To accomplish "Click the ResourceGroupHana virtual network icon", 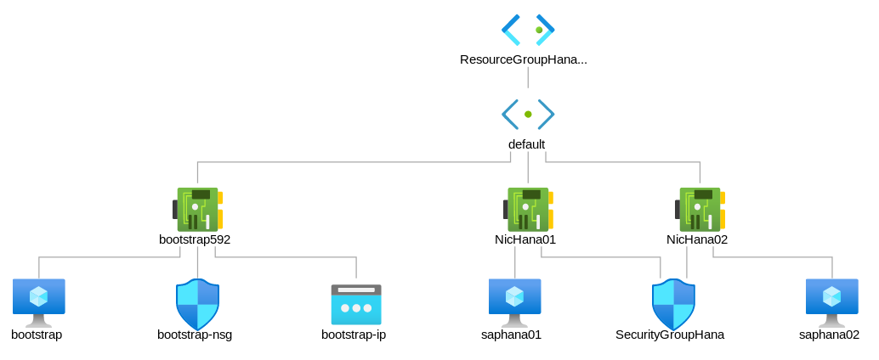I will [x=528, y=30].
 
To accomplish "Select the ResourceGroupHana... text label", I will [x=524, y=59].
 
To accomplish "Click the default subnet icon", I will [x=528, y=114].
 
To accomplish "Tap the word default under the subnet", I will [x=526, y=144].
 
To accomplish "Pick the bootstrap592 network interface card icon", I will [x=197, y=209].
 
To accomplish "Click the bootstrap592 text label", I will [x=195, y=239].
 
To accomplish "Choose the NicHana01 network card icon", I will [x=528, y=209].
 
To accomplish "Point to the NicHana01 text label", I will [x=525, y=239].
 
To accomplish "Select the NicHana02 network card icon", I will [x=700, y=209].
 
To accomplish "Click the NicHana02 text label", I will [x=697, y=239].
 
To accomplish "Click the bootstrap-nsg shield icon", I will [x=197, y=303].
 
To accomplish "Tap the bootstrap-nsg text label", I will [x=195, y=335].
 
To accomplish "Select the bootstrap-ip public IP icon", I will [x=356, y=304].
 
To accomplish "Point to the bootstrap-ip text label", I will [x=354, y=335].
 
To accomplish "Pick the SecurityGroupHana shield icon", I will [x=673, y=303].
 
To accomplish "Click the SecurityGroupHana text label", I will [x=670, y=335].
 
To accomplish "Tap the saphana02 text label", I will [x=829, y=335].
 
